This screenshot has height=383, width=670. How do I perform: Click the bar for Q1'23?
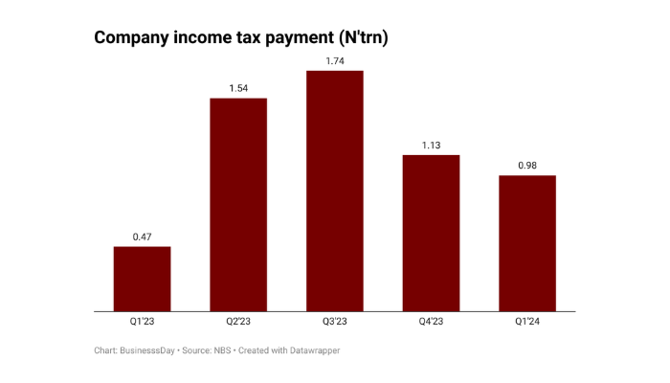pos(143,279)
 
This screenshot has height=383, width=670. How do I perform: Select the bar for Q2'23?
pos(238,205)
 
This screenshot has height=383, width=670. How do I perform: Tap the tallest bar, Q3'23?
pos(334,191)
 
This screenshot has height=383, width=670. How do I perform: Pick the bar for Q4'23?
pos(431,233)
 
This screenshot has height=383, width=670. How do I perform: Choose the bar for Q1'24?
pos(526,243)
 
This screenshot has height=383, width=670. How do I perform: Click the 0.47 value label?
pos(143,237)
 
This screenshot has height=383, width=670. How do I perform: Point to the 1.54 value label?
pos(238,88)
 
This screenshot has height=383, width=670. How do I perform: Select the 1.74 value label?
pos(334,61)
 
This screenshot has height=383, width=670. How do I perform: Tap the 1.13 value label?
pos(431,146)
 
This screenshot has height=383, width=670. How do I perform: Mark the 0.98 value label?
pos(526,166)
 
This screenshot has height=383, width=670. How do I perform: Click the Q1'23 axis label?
pos(143,323)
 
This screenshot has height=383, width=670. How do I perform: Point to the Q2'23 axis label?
pos(238,323)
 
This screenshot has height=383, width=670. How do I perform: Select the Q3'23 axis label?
pos(334,323)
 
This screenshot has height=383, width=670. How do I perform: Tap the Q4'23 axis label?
pos(431,323)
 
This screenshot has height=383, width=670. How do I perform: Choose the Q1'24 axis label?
pos(526,323)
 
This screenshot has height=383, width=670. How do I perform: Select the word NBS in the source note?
pos(222,350)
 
